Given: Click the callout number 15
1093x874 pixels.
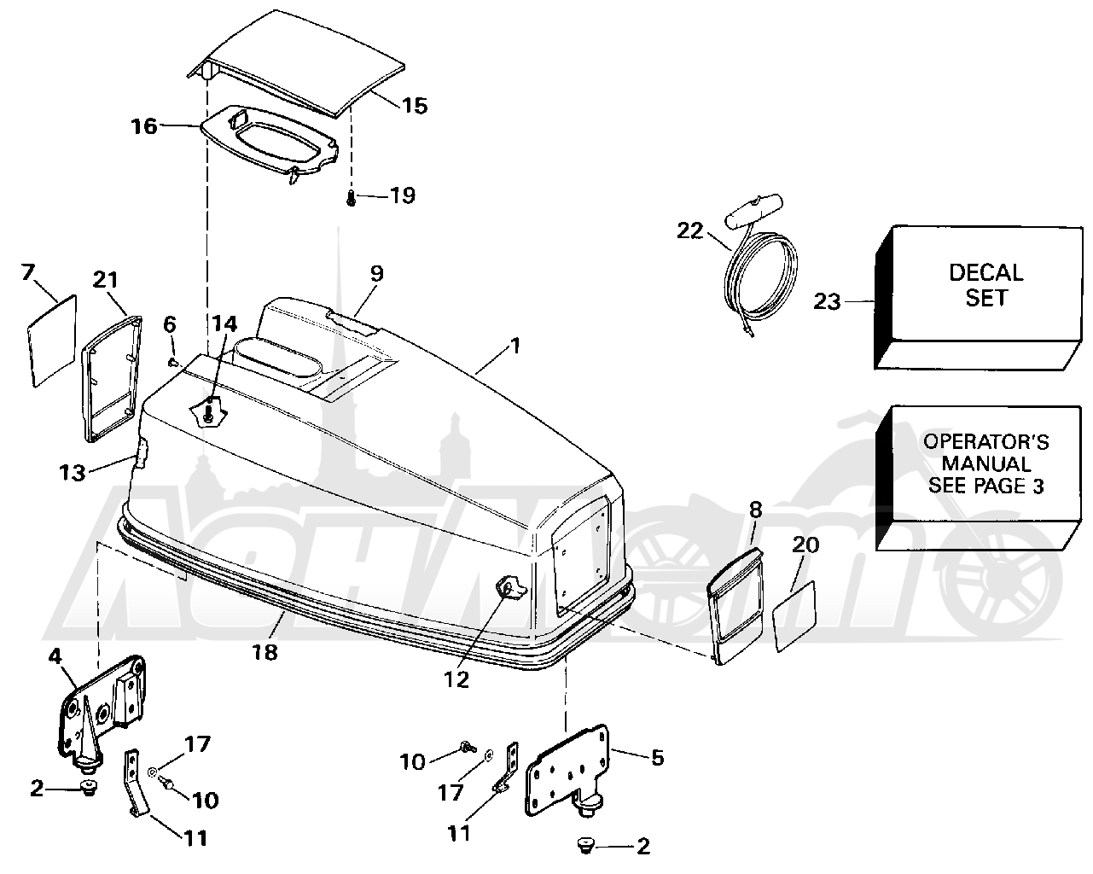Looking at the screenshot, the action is pos(415,106).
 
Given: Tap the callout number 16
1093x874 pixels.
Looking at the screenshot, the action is pos(144,126).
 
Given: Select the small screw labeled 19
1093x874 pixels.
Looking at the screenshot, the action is pos(351,198).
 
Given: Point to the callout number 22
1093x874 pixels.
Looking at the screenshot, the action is pos(689,230).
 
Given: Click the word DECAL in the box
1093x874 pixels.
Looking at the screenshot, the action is pos(985,273).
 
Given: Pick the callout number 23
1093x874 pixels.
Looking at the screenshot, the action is pos(828,302).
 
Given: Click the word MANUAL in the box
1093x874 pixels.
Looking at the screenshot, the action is pos(986,463).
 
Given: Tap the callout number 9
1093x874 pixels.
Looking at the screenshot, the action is pos(376,273).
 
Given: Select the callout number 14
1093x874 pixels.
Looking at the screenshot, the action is pos(224,323).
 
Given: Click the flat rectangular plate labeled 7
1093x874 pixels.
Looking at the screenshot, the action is pos(52,341).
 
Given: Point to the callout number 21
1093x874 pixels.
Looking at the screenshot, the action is pos(106,279).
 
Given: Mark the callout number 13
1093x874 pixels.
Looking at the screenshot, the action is pos(73,473).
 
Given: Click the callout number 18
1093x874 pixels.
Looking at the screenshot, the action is pos(265,652).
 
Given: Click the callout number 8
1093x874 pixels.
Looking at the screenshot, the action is pos(756,510).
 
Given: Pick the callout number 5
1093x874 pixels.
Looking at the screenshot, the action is pos(658,758).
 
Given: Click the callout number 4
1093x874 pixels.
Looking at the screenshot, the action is pos(55,656).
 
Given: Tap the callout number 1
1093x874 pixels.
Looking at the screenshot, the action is pos(515,347).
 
